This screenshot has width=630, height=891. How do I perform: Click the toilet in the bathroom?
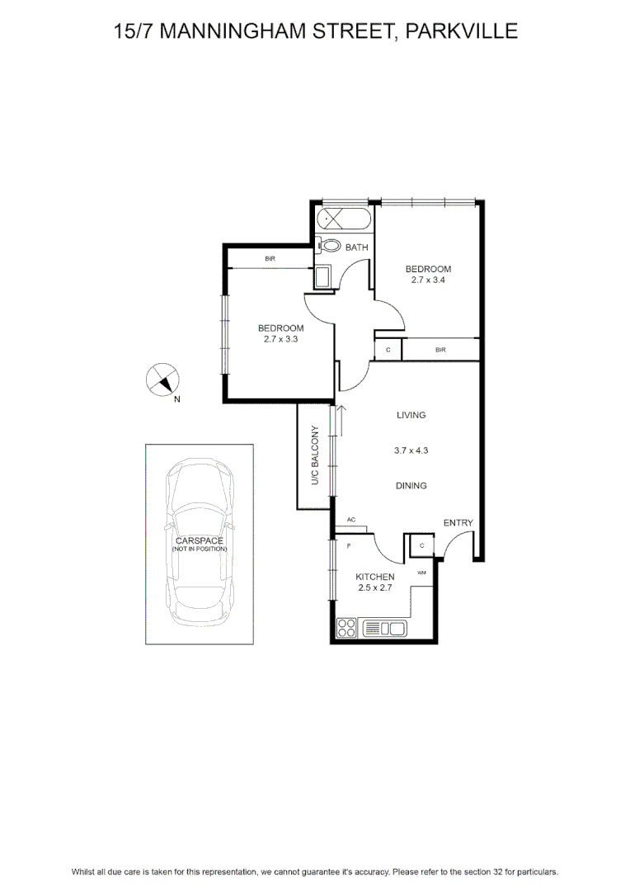click(x=327, y=246)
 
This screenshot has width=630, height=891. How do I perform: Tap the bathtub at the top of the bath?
click(x=344, y=219)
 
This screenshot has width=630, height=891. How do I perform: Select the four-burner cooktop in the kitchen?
click(x=346, y=628)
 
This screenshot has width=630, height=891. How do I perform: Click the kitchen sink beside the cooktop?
click(x=384, y=628)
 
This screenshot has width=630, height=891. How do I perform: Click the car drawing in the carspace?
click(x=200, y=543)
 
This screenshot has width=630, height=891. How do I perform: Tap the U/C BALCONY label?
click(x=315, y=455)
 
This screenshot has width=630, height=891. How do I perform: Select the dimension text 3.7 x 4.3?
click(x=411, y=450)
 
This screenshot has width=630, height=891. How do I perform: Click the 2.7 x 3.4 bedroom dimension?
click(x=428, y=280)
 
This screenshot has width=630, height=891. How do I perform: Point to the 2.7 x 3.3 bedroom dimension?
click(x=280, y=339)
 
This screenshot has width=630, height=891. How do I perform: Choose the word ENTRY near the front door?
click(x=458, y=523)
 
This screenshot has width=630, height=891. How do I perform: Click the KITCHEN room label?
click(x=375, y=577)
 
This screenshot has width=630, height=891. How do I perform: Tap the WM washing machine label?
click(x=421, y=573)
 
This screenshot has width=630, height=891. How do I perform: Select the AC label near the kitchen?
click(x=351, y=520)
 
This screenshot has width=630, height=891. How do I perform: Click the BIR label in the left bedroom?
click(x=270, y=258)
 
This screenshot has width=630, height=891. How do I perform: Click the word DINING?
click(x=411, y=486)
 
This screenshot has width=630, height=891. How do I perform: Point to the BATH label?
click(x=357, y=247)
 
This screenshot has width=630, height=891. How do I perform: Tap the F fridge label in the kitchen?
click(x=349, y=546)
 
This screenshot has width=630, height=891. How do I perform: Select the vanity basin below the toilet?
click(x=323, y=277)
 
